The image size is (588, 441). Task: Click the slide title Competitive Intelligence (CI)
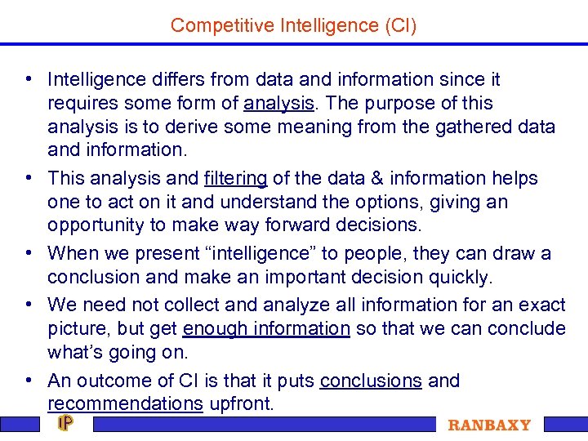(293, 25)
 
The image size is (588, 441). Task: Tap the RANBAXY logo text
(489, 425)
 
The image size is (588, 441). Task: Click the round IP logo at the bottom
(65, 424)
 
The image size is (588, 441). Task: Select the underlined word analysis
(278, 104)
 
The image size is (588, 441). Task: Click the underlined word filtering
(235, 178)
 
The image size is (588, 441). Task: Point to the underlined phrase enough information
(266, 328)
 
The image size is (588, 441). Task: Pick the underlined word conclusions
(371, 381)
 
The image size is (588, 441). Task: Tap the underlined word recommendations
(125, 403)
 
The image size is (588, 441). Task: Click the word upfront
(242, 403)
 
